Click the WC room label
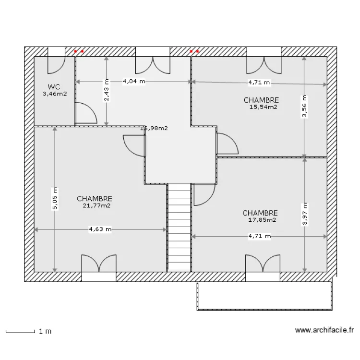pos(54,87)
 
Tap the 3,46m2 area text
pos(54,94)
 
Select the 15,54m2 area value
pos(263,107)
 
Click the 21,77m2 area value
pos(96,205)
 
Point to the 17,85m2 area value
pos(262,220)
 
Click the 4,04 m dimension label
pos(134,81)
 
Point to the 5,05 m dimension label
pos(55,198)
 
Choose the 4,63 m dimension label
pos(100,229)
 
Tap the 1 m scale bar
pos(20,331)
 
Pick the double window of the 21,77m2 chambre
pos(98,266)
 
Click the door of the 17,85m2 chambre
pos(204,194)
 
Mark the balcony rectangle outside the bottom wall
pos(264,296)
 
